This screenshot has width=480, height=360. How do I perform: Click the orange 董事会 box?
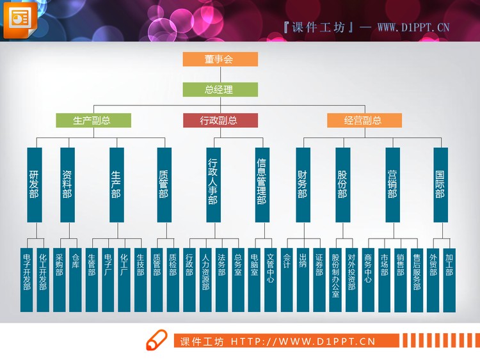(x=220, y=59)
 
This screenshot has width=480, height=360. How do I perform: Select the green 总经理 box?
(x=220, y=90)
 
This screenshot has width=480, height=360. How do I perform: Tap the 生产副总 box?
(x=93, y=120)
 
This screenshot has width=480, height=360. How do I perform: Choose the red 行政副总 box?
(x=220, y=120)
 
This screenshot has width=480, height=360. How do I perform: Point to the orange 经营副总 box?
(x=364, y=120)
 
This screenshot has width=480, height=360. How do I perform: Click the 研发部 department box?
(x=35, y=184)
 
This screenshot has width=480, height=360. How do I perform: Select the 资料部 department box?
(x=67, y=184)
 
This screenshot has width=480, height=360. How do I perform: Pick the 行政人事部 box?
(x=212, y=184)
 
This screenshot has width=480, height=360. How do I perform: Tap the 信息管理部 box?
(x=261, y=184)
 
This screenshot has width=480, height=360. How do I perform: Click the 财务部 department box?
(x=302, y=184)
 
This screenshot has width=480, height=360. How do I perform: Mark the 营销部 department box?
(x=392, y=184)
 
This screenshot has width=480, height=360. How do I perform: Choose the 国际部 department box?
(x=440, y=184)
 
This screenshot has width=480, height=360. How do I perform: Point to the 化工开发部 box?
(x=42, y=279)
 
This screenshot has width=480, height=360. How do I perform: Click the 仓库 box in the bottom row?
(x=75, y=279)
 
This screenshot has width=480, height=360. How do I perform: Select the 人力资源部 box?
(x=205, y=279)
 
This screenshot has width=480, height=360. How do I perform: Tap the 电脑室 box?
(x=254, y=279)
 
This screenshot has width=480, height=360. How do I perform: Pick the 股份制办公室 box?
(x=335, y=279)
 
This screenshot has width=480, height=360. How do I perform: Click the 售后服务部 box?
(x=417, y=279)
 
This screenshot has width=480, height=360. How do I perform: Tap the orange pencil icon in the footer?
(x=156, y=341)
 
